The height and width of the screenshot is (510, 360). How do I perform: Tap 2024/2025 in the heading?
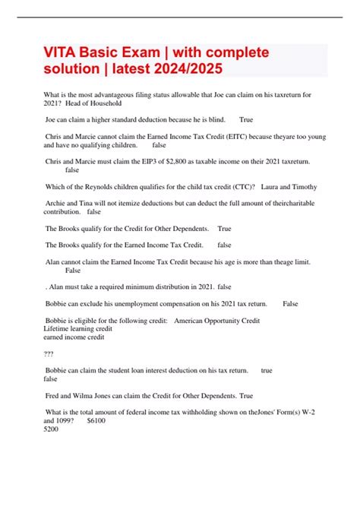[188, 70]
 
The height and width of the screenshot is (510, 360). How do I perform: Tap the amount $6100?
[96, 420]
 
